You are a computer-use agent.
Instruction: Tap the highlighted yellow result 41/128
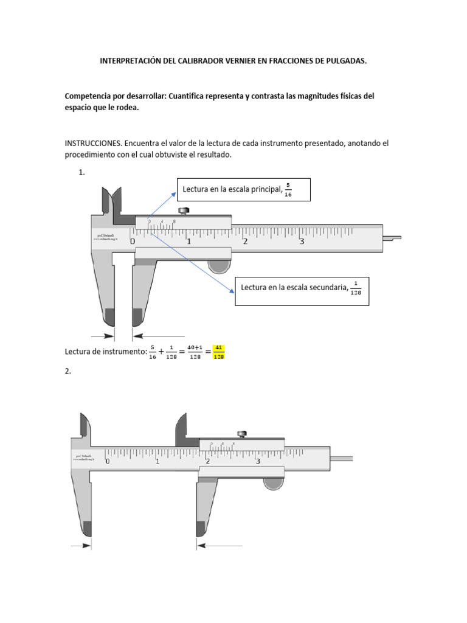pos(220,352)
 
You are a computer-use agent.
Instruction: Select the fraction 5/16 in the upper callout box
pos(289,190)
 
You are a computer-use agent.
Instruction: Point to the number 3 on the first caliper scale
pos(302,242)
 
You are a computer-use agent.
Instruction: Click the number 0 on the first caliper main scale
pos(133,242)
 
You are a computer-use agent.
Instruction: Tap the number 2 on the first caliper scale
pos(245,242)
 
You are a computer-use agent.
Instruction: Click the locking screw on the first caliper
pos(184,211)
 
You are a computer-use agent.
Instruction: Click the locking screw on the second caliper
pos(242,434)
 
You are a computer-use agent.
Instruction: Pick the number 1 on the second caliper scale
pos(158,461)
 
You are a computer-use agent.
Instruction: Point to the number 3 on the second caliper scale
pos(258,461)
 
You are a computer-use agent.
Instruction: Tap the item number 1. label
pos(81,173)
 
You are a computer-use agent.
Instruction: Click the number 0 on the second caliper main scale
pos(108,461)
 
